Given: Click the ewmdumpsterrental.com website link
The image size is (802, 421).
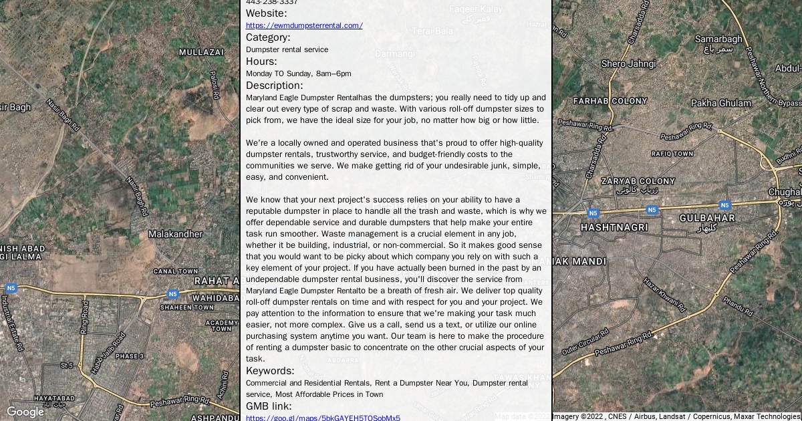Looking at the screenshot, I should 304,25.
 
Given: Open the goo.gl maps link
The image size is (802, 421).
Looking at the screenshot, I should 323,418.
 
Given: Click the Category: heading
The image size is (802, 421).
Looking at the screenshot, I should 268,37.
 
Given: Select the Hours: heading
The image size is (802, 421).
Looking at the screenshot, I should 261,61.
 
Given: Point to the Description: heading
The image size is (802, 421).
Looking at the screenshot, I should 274,86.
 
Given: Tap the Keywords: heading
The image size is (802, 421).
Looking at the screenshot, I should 270,371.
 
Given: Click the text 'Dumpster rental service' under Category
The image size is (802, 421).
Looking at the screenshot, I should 287,49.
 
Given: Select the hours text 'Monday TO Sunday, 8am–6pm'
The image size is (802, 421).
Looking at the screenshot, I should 298,74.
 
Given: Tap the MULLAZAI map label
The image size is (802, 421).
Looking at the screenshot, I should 201,52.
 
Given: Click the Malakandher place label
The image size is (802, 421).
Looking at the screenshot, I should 175,235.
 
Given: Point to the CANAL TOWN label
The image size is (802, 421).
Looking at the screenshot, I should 176,271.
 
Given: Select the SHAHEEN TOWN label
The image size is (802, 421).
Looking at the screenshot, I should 186,307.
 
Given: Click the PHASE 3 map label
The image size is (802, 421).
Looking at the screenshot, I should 129,356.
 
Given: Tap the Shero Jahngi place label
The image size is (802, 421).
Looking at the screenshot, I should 628,64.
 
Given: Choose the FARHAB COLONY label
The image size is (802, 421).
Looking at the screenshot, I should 610,101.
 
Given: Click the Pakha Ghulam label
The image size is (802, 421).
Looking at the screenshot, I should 721,104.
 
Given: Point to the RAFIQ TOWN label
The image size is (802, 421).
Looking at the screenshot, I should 672,154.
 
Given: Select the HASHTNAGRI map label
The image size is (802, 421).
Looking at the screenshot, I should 614,227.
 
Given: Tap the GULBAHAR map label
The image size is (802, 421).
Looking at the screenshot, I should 707,218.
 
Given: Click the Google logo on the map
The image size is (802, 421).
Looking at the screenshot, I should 25,412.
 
